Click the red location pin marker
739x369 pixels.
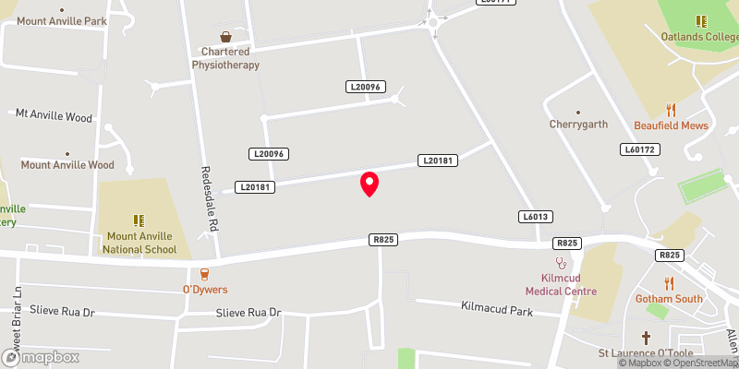369,184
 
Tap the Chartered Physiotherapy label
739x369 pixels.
225,58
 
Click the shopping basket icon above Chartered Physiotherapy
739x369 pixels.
225,38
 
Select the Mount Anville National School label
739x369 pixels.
139,243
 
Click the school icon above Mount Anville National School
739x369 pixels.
139,220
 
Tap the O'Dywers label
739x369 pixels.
204,289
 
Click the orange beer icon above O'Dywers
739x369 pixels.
204,273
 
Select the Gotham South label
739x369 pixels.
669,299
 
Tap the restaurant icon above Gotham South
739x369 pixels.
669,282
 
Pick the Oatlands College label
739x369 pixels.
700,37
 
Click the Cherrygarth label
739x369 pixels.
578,124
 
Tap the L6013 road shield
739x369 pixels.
535,216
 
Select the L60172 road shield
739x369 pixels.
639,149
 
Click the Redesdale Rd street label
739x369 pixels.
211,199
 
